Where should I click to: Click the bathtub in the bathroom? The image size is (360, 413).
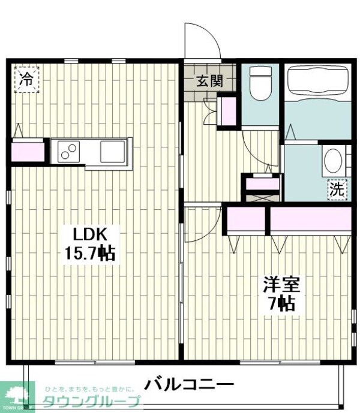[317, 82]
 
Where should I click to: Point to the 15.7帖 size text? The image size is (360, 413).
[90, 252]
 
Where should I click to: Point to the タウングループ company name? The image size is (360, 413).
[90, 402]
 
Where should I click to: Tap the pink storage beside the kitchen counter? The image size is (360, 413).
[28, 150]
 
